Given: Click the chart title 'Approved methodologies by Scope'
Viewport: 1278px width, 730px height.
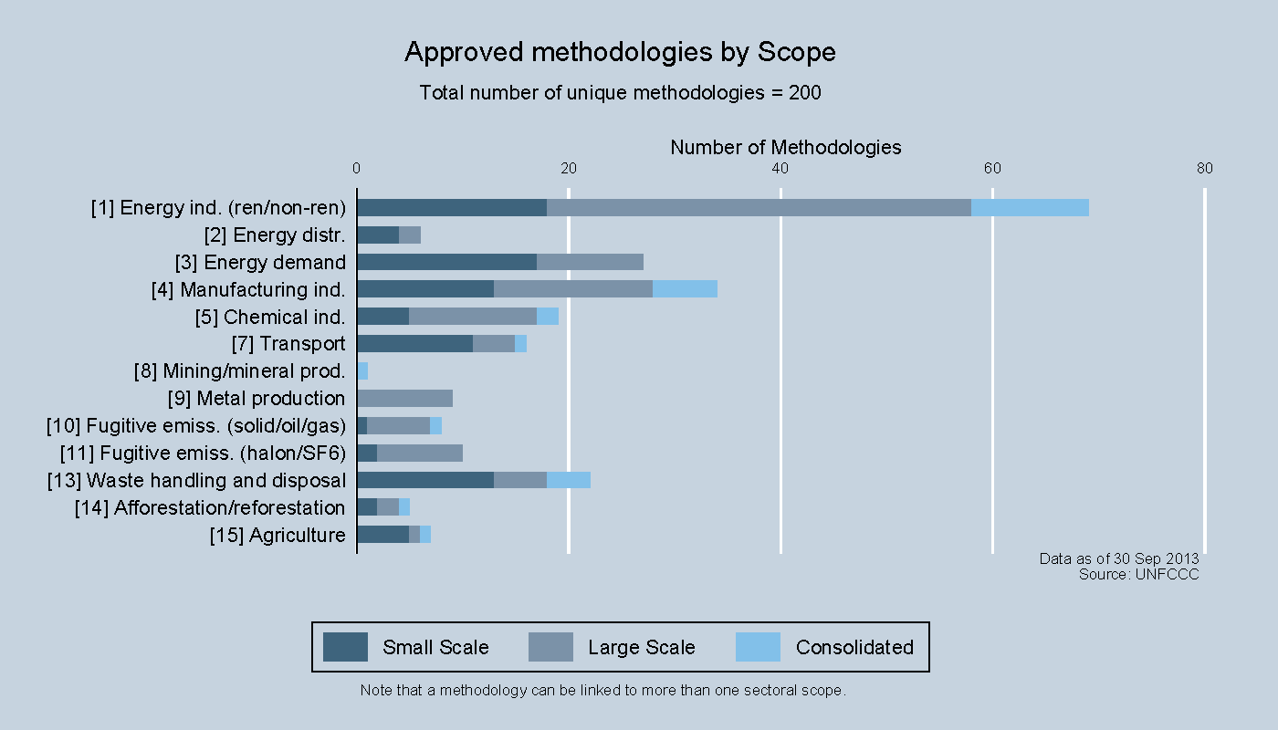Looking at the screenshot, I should click(x=620, y=53).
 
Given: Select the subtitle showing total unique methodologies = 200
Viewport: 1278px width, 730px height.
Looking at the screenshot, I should click(x=620, y=93).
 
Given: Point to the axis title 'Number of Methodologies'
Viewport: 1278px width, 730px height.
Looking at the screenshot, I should click(x=785, y=147).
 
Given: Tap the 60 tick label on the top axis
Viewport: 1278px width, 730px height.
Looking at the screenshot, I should click(x=992, y=168).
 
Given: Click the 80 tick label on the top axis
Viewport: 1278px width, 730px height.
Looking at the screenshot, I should click(x=1204, y=168).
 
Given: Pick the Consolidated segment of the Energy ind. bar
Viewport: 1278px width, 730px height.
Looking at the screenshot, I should click(x=1030, y=207).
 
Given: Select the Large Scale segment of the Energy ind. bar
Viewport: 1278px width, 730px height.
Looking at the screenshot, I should click(x=759, y=207).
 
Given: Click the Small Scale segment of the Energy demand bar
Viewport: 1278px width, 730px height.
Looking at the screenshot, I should click(x=446, y=262).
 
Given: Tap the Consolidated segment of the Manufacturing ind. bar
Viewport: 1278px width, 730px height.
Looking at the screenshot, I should click(x=685, y=289).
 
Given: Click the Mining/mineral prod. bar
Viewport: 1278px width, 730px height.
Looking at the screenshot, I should click(x=362, y=371).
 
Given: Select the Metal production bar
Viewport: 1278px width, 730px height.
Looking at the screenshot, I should click(x=404, y=399).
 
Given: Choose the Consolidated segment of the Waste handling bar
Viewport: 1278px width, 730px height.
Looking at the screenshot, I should click(x=568, y=481).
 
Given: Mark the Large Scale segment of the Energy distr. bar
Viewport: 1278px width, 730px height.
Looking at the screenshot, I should click(x=410, y=235).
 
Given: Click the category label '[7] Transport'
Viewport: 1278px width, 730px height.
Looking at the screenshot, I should click(x=288, y=344).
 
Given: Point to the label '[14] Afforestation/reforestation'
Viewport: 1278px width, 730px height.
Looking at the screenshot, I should click(x=210, y=508).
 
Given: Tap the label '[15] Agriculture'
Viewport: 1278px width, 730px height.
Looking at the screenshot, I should click(x=278, y=536).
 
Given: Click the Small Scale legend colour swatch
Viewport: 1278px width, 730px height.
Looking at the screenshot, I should click(x=345, y=647).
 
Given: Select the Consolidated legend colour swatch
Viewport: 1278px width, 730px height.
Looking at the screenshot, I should click(x=758, y=647).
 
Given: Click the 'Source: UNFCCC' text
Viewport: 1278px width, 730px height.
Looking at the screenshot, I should click(x=1138, y=574).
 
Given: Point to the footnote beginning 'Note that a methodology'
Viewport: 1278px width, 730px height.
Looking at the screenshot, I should click(x=603, y=691).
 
